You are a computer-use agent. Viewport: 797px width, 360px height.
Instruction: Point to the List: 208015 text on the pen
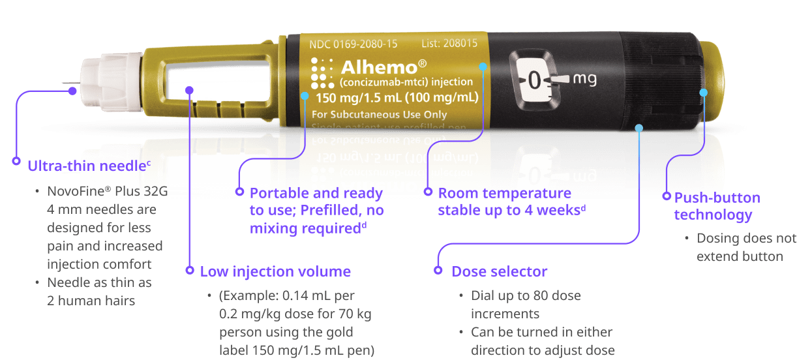(449, 44)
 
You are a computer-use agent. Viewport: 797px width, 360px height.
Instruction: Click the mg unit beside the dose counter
(584, 79)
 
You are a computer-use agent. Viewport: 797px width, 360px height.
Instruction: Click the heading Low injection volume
(275, 271)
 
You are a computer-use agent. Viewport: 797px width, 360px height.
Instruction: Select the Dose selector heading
(499, 271)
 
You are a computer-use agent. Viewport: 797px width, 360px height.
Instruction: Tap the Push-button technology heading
(717, 206)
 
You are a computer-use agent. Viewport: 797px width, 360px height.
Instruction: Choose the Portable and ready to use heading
(317, 211)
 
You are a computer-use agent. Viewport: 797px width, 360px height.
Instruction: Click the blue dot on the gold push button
(703, 93)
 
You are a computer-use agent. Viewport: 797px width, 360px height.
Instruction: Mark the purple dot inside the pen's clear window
(189, 89)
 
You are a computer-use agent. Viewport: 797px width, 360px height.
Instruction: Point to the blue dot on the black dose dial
(639, 128)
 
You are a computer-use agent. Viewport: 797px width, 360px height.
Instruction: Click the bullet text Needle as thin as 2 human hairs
(99, 292)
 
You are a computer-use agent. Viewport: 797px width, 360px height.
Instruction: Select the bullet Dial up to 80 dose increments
(526, 304)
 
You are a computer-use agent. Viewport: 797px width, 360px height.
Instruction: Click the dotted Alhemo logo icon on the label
(322, 72)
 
